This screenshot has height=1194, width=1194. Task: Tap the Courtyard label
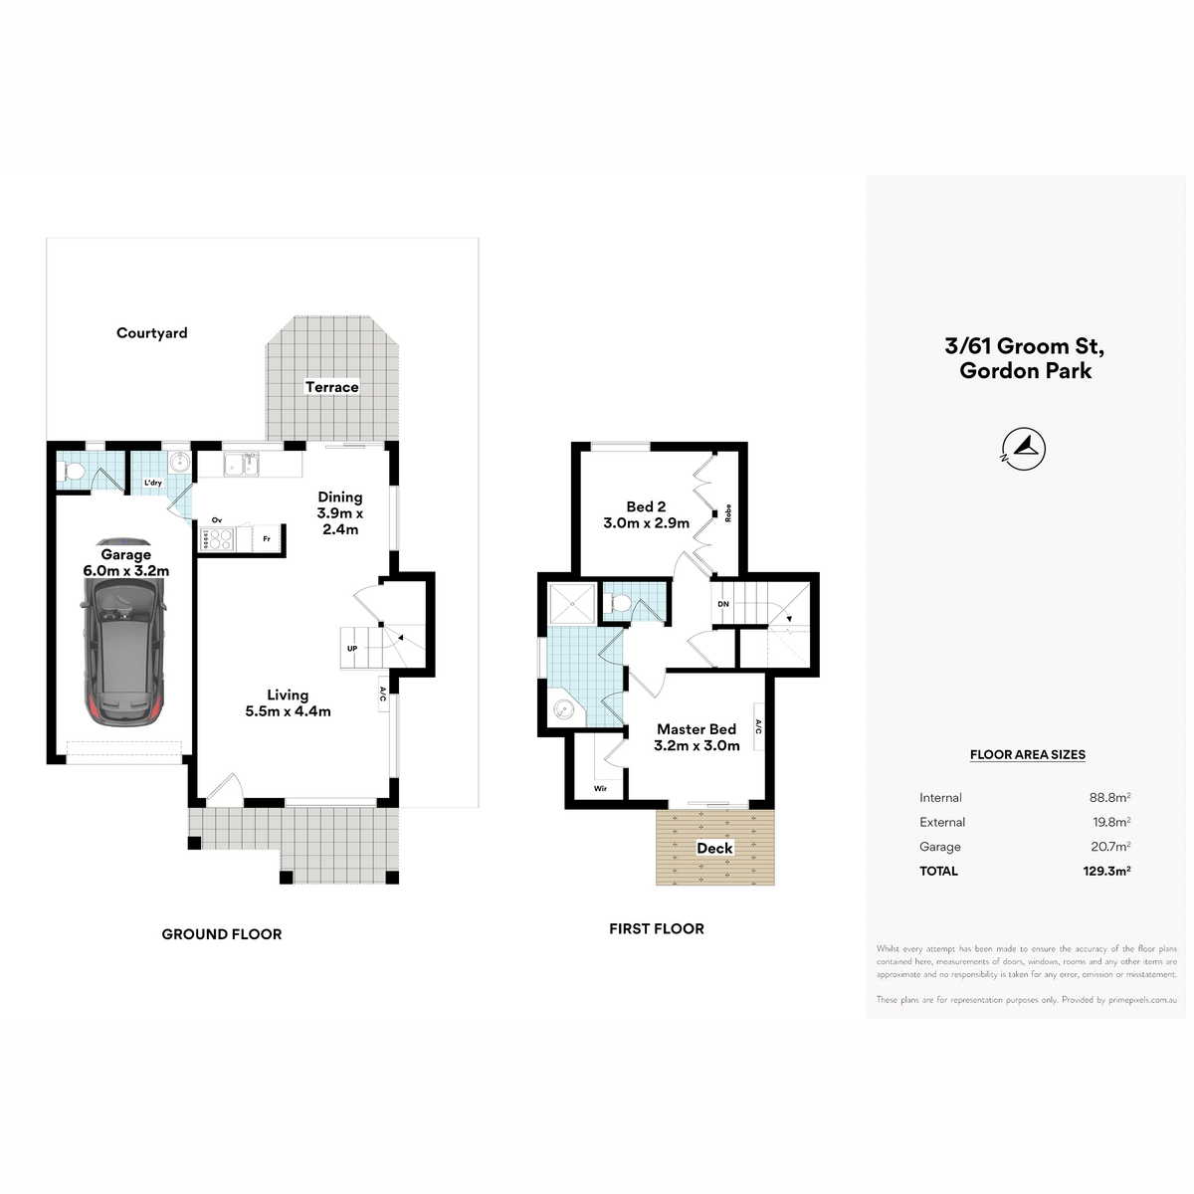coord(152,333)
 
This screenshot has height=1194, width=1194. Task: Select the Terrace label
coord(332,387)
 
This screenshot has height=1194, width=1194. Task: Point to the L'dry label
coord(152,483)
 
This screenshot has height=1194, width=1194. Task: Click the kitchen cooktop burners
coord(216,539)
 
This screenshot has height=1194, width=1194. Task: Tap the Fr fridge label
coord(267,539)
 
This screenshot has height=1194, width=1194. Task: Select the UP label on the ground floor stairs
coord(352,649)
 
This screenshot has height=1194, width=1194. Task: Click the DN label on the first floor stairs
coord(723,604)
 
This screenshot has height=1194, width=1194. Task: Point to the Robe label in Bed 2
coord(728,513)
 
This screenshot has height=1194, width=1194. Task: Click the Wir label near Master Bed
coord(600,789)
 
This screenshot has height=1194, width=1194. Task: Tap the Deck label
coord(715,849)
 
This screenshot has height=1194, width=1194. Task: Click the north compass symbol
coord(1024,449)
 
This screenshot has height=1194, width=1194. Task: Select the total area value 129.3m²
coord(1106,872)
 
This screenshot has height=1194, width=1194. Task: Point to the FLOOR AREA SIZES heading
coord(1027,754)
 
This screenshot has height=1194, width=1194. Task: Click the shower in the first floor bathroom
coord(572,602)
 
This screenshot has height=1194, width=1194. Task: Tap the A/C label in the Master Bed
coord(758,726)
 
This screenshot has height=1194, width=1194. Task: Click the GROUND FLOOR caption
coord(221,934)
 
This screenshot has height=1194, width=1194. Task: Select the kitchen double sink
coord(242,465)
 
